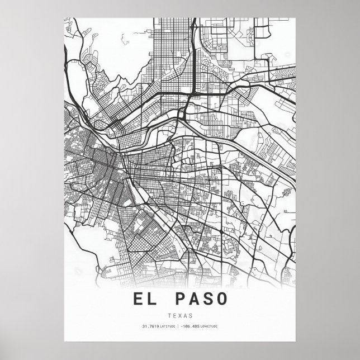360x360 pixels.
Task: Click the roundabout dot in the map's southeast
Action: pyautogui.click(x=221, y=231)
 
